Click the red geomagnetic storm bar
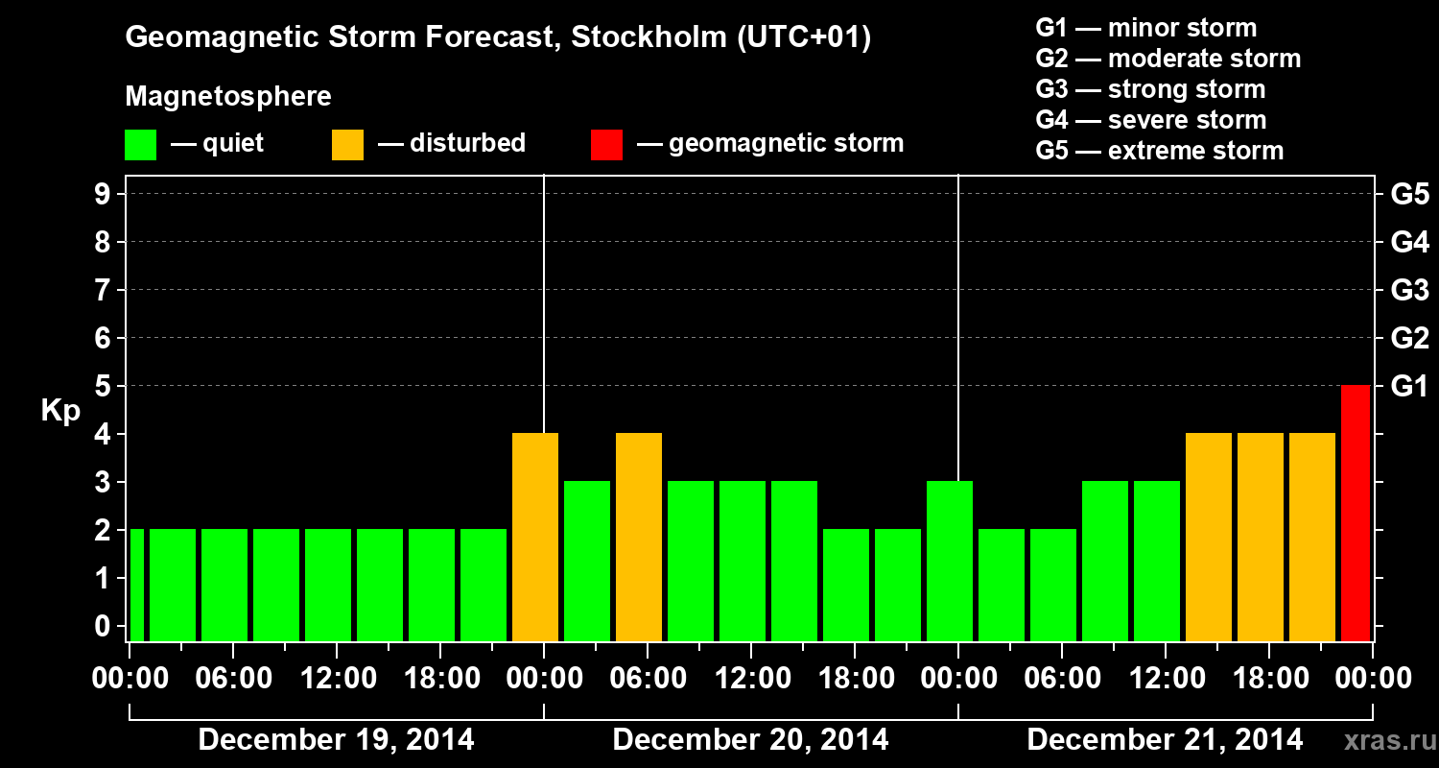1355,513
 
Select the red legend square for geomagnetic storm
606,144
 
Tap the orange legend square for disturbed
347,144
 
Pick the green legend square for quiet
140,144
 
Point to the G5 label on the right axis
1409,194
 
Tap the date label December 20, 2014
750,739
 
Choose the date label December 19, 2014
336,739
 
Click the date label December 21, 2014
1165,739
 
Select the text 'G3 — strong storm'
1150,89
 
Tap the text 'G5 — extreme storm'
1159,151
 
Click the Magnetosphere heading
228,97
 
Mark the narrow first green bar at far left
136,585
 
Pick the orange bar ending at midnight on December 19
535,537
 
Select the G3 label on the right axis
1409,290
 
